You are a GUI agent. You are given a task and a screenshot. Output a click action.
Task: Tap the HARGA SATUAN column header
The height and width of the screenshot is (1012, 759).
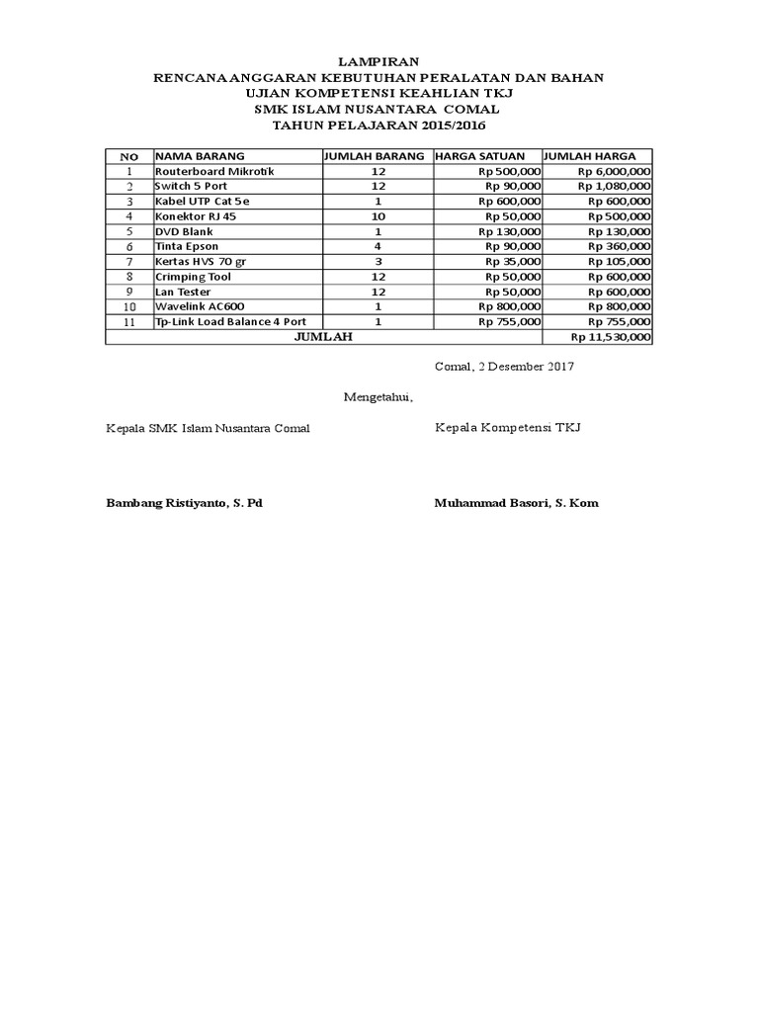point(480,156)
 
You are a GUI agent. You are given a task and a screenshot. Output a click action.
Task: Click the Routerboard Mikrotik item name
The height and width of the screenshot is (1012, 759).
point(213,171)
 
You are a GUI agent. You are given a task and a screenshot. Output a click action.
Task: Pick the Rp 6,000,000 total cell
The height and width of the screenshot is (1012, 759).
point(613,171)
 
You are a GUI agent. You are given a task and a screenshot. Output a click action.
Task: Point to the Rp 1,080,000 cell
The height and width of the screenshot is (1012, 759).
point(613,186)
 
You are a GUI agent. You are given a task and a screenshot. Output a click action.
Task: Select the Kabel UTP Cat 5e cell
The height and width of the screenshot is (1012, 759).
point(203,201)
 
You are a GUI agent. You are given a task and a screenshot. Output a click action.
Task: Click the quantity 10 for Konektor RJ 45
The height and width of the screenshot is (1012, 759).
point(378,215)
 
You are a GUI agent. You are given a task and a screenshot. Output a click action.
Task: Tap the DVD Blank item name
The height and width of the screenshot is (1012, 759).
point(184,230)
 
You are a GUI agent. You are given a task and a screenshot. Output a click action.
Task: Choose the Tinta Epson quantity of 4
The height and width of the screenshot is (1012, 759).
point(378,245)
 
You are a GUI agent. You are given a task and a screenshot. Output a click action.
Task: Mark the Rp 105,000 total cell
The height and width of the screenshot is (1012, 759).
point(619,261)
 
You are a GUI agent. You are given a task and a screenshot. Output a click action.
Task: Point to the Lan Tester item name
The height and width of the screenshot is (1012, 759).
point(185,292)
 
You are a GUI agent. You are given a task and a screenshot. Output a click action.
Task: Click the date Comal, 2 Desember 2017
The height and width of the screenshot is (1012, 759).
point(504,367)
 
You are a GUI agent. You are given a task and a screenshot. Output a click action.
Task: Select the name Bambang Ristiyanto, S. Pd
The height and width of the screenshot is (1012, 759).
point(184,503)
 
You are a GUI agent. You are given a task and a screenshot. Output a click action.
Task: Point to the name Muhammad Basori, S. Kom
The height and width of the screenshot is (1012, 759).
point(516,503)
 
